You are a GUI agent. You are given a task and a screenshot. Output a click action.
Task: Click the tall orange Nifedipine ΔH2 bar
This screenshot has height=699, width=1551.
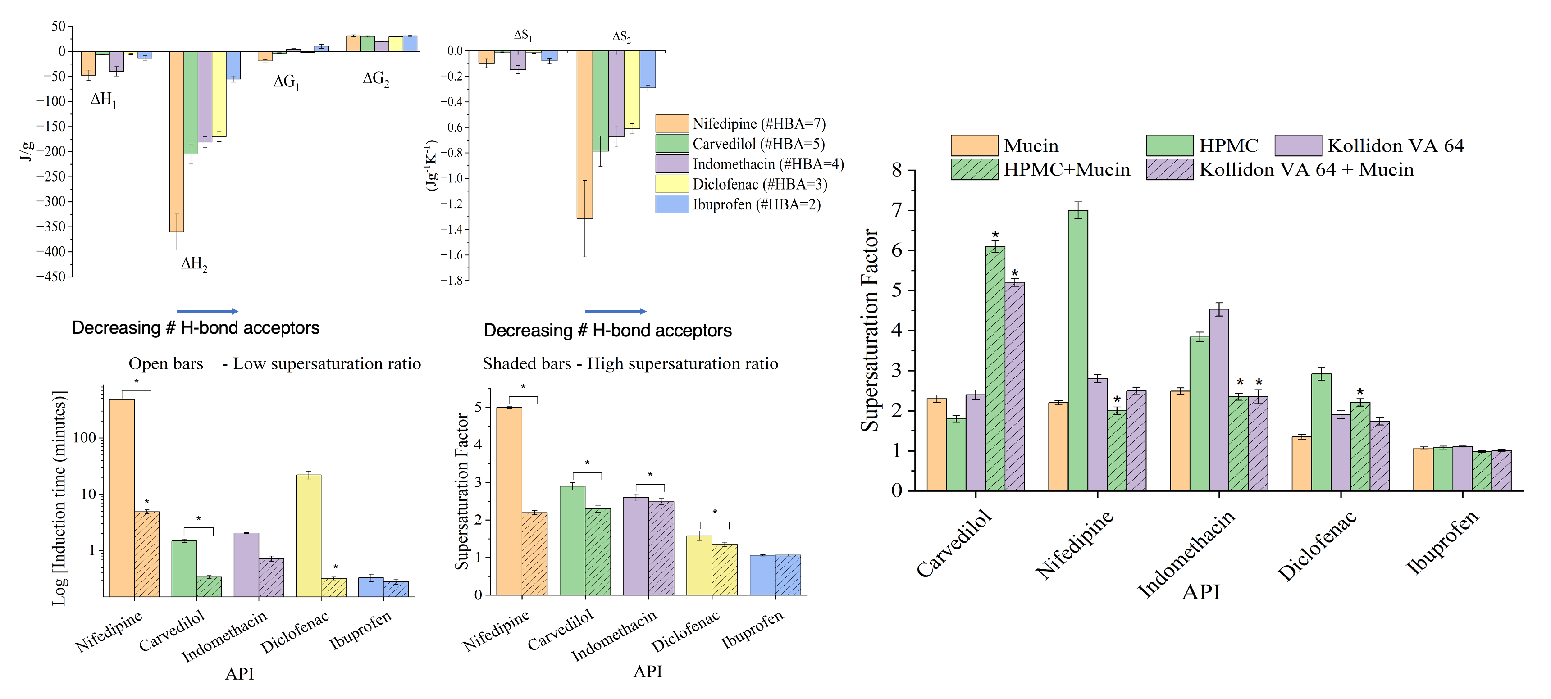click(x=177, y=141)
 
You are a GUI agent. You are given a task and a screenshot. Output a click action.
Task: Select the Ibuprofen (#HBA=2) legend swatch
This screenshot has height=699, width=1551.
click(x=672, y=204)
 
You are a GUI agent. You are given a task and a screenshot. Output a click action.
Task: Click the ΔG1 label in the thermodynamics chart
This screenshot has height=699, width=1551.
click(x=287, y=82)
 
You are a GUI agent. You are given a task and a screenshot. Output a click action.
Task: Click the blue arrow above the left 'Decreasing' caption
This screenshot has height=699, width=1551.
click(x=207, y=311)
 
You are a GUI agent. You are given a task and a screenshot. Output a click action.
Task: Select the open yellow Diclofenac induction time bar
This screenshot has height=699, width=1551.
click(x=308, y=536)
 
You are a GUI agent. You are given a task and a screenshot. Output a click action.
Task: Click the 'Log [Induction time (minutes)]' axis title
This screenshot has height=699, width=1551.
click(x=59, y=498)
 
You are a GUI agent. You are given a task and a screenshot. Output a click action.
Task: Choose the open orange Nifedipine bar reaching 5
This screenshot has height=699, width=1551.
click(x=509, y=501)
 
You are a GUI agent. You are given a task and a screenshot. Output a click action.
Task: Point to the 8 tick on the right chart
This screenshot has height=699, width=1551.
click(x=897, y=170)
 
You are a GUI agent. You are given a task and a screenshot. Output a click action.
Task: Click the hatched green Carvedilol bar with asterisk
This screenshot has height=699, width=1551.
click(x=994, y=368)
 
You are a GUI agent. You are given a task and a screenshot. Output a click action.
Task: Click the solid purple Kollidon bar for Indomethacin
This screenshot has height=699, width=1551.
click(x=1218, y=400)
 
